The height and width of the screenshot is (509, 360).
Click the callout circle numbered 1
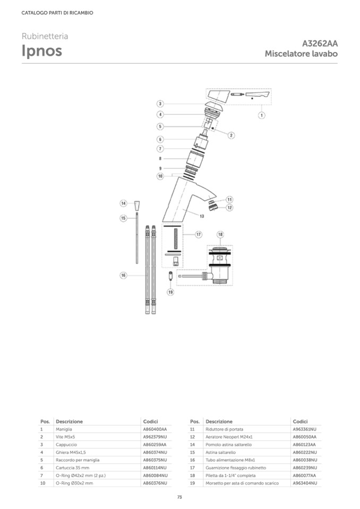262,115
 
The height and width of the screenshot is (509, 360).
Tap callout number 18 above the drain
220,235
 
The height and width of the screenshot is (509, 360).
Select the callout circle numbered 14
123,203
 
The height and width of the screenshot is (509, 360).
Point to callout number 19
170,292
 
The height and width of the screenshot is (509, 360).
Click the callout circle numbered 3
160,104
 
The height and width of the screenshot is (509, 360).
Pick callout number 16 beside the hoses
123,275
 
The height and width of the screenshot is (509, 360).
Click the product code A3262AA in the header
320,44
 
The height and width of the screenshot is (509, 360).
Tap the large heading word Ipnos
42,51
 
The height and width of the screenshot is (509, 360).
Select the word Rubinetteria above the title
45,36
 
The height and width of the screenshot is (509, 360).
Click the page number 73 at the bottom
179,497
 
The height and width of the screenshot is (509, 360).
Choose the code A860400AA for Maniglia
155,429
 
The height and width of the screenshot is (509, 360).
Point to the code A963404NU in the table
305,483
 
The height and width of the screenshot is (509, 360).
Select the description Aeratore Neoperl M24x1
229,437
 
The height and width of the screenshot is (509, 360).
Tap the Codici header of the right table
301,421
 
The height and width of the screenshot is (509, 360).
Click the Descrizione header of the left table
69,421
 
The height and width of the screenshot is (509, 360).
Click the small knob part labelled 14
138,206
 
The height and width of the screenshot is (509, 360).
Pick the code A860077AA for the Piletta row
304,476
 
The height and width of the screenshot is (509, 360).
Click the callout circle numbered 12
229,208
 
